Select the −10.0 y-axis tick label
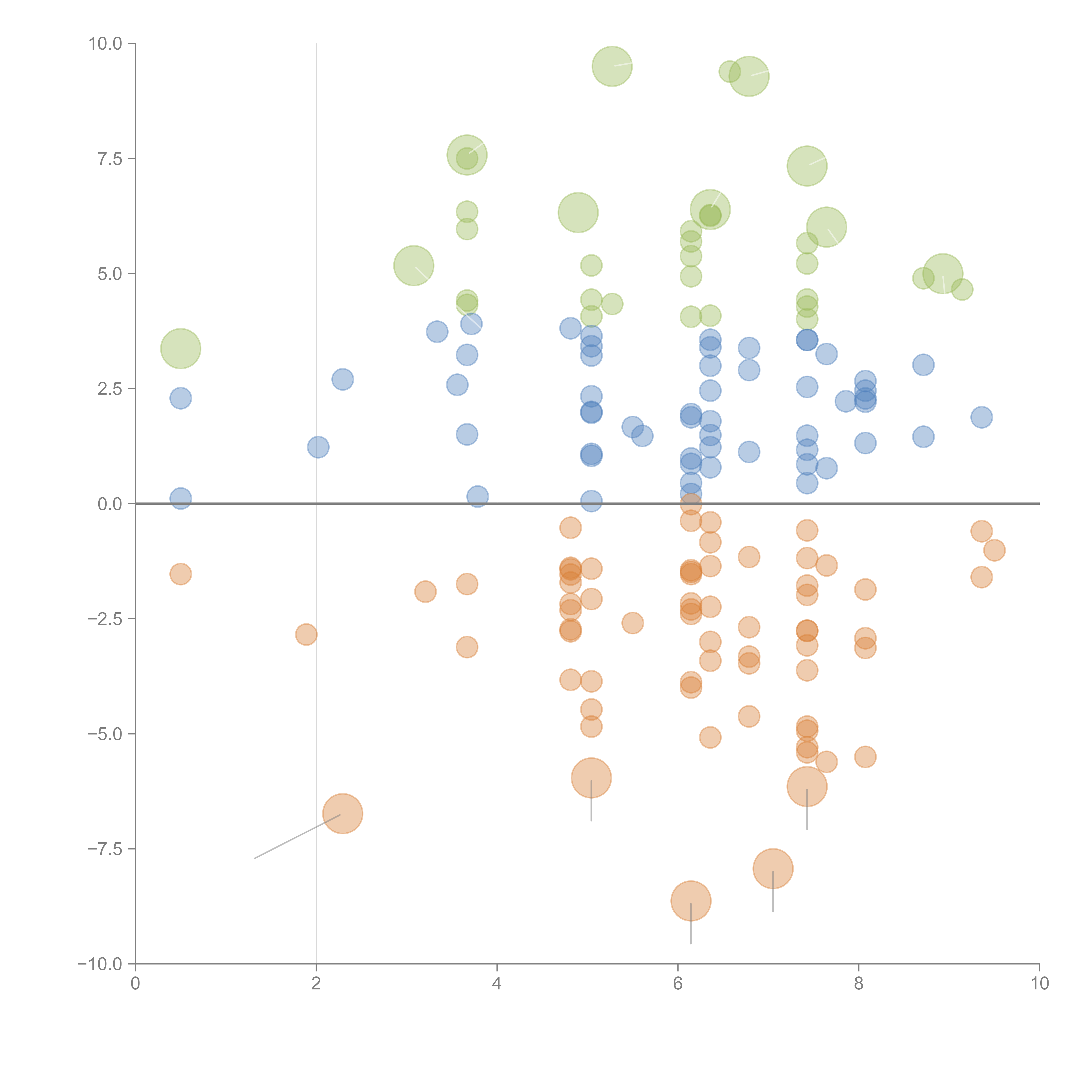[x=100, y=964]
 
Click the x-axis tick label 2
[x=316, y=984]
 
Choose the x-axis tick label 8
[x=859, y=984]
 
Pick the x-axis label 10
[x=1039, y=984]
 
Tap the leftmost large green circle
[x=180, y=349]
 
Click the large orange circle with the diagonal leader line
[x=342, y=813]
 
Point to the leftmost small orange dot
[x=180, y=574]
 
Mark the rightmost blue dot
[x=981, y=417]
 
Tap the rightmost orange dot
[x=994, y=550]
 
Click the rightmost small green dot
[x=962, y=290]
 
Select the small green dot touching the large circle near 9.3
[x=729, y=71]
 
